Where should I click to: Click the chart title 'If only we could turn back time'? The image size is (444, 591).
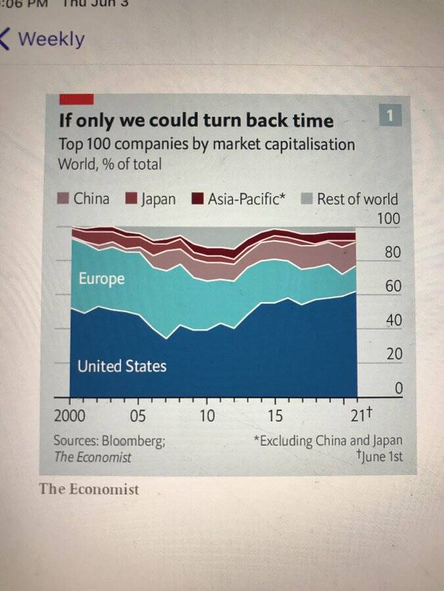coord(196,121)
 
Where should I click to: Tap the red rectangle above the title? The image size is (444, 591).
coord(76,99)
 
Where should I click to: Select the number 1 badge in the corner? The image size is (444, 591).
coord(390,117)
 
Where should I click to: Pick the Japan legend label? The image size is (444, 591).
coord(158,199)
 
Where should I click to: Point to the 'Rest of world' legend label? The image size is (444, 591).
coord(357,199)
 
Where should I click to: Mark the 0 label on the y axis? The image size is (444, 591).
coord(397,388)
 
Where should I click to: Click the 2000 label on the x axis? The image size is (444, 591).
coord(70,416)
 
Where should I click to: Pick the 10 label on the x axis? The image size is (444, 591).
coord(207,416)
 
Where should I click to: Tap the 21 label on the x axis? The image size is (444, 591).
coord(356,416)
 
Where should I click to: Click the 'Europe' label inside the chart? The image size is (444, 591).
coord(101,279)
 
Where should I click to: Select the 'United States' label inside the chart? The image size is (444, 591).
coord(122,366)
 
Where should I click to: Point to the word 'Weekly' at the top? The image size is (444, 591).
coord(51,39)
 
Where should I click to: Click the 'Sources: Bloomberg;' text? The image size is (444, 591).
coord(109,441)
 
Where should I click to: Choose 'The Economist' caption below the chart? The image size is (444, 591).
coord(89,489)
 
